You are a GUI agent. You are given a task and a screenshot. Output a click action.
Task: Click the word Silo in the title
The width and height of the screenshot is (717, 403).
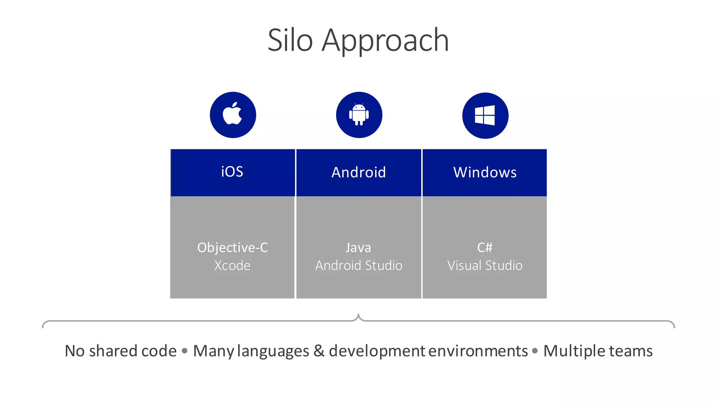290,40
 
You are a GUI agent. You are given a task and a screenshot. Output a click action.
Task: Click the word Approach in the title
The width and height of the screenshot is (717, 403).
385,41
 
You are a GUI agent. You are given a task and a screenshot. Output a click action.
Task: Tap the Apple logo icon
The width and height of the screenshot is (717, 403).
233,114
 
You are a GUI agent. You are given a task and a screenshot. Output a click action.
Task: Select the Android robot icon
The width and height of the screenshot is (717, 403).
359,114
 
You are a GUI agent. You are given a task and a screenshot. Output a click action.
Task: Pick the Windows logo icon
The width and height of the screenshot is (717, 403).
485,115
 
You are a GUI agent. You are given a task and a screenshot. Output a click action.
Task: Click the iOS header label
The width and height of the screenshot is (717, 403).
232,172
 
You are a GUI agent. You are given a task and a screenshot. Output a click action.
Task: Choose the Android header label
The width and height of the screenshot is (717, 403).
358,172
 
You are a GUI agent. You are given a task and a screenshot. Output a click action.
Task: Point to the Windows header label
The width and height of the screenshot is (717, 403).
485,172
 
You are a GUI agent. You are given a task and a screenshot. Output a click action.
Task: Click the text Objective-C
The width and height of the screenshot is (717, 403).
232,248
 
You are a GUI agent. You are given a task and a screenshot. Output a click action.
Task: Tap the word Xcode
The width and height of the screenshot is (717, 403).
232,266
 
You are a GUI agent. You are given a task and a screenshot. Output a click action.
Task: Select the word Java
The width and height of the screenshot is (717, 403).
358,248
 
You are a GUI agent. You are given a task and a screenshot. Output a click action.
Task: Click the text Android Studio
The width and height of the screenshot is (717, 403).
358,266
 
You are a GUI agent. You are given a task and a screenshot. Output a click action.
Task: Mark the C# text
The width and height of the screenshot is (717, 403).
485,248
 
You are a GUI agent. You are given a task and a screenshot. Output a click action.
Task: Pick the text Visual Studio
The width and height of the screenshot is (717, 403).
485,266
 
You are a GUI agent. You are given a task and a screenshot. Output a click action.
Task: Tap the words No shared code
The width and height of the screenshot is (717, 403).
121,351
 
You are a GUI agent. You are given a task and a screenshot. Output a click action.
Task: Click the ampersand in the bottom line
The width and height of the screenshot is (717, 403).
319,351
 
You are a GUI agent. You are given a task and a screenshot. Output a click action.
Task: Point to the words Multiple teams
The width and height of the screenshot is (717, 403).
598,351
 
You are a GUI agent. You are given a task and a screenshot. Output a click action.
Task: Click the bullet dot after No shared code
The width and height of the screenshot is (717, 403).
185,351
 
